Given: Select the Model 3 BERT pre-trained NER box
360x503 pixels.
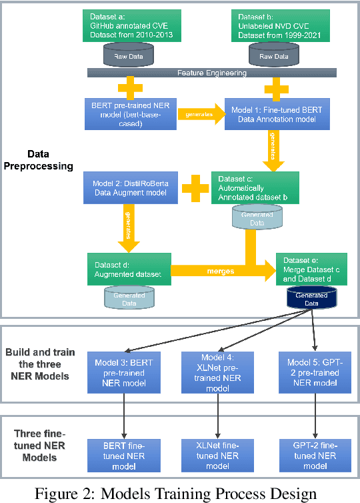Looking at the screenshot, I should pyautogui.click(x=123, y=372).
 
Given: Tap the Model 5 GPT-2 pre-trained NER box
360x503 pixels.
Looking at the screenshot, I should pyautogui.click(x=313, y=372).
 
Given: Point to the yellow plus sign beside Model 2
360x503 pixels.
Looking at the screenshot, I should pyautogui.click(x=195, y=187).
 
